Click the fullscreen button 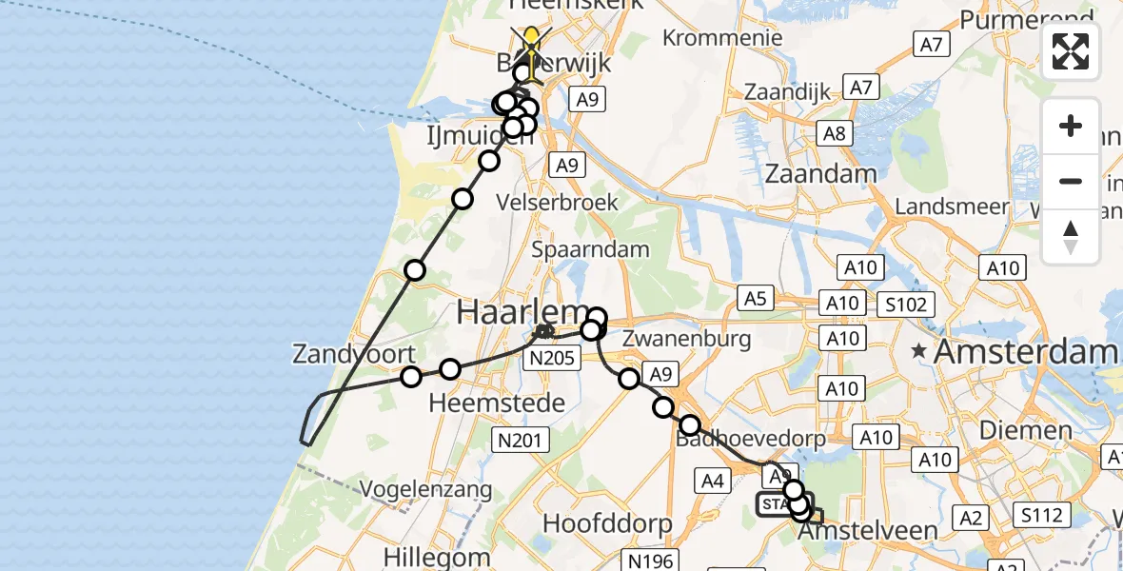(x=1071, y=51)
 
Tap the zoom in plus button (x=1071, y=126)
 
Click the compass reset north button (x=1071, y=237)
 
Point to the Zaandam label (x=821, y=174)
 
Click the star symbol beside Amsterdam (x=918, y=351)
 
